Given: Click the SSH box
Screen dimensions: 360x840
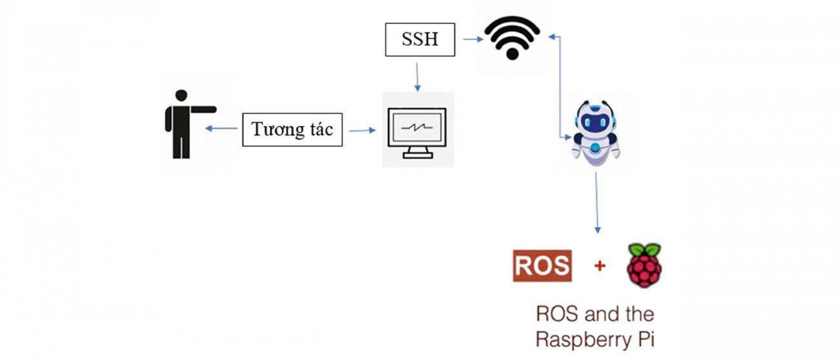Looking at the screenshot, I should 420,39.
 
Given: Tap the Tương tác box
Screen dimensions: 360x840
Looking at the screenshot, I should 292,129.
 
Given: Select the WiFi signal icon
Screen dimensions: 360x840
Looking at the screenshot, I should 512,37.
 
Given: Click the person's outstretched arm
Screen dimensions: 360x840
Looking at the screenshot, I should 203,109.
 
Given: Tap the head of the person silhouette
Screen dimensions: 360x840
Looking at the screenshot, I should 181,95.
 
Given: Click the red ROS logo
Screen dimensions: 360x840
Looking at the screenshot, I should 542,266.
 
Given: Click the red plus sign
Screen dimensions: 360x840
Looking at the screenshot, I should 600,265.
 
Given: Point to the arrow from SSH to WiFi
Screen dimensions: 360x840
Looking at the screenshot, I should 472,39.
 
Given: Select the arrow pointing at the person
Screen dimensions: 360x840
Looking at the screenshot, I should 221,129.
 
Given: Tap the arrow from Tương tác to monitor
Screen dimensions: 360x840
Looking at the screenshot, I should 362,130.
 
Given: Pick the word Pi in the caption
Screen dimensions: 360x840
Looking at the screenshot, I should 646,339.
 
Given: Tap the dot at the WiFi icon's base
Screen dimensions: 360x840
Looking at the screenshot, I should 512,54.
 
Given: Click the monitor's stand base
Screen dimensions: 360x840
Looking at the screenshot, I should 417,155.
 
